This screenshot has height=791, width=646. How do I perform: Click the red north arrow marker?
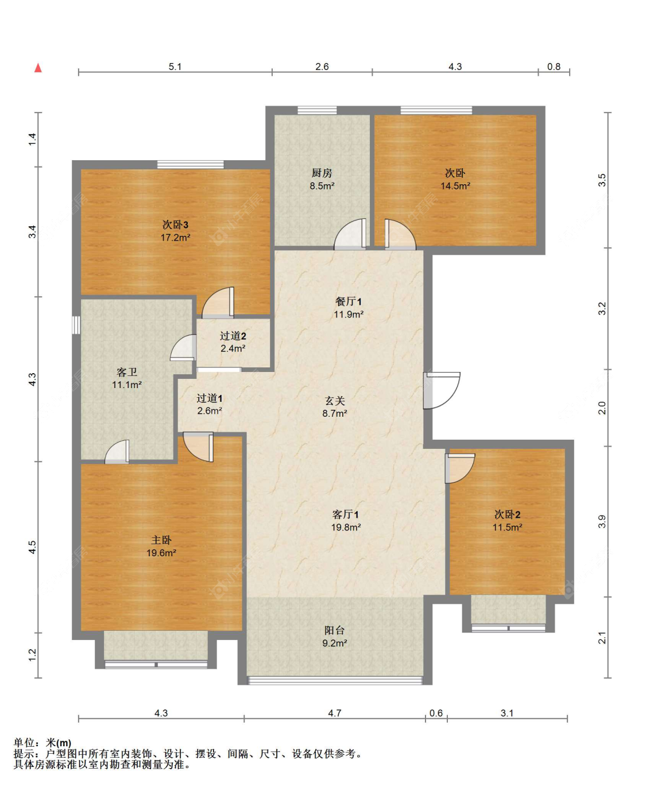click(x=38, y=68)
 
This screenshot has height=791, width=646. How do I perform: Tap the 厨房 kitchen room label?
click(x=322, y=173)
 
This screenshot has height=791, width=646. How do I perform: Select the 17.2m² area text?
click(x=175, y=238)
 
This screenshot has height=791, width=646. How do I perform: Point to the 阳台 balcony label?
click(x=334, y=630)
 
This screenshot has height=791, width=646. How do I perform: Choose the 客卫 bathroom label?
click(x=127, y=372)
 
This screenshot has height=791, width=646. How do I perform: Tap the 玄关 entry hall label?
click(x=335, y=401)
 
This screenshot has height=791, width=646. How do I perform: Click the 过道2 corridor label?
click(x=233, y=336)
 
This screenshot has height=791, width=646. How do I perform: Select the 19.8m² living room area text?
click(x=346, y=527)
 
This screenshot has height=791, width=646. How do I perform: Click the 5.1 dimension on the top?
click(x=175, y=67)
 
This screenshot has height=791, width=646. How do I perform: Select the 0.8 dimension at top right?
click(x=554, y=67)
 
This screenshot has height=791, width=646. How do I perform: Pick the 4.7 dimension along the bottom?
click(x=335, y=713)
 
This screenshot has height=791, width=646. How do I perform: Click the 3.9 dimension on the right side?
click(x=602, y=522)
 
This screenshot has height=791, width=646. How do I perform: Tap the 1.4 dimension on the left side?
click(x=32, y=139)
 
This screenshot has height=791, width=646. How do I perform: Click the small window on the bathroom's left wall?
click(x=76, y=325)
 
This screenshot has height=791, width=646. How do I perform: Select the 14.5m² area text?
click(x=455, y=185)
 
